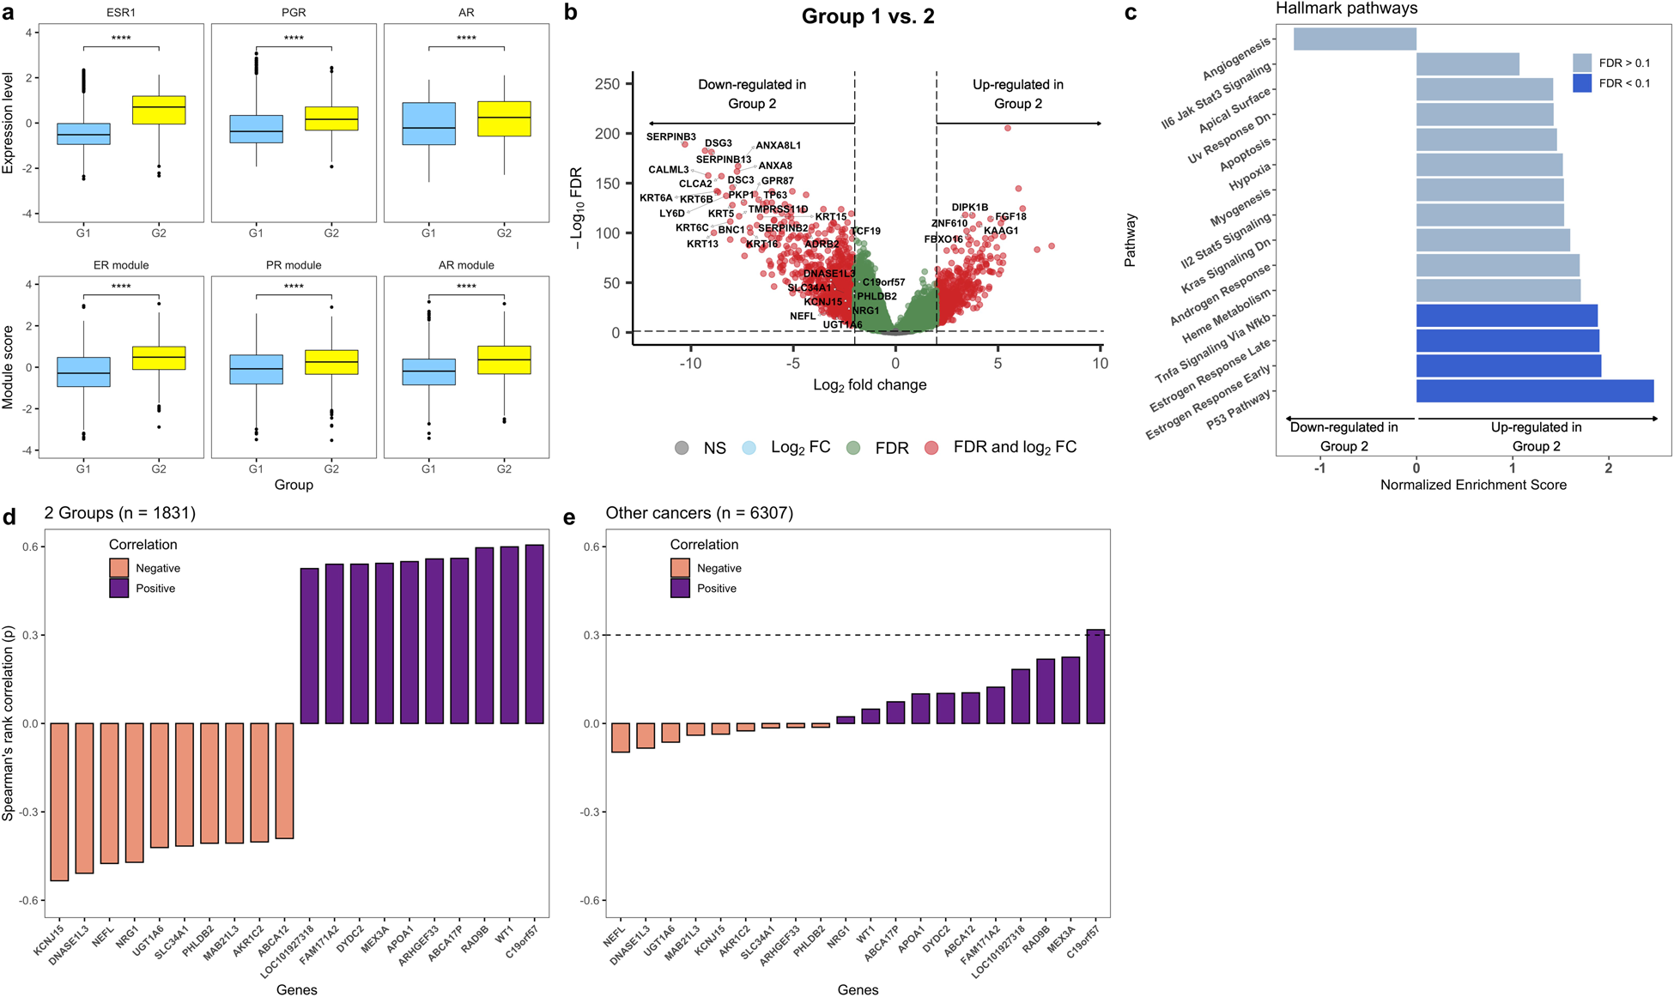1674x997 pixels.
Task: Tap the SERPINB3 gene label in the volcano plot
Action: click(x=671, y=137)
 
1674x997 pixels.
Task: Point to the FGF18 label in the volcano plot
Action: click(x=1010, y=217)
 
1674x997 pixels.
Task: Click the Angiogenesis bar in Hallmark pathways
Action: click(x=1355, y=39)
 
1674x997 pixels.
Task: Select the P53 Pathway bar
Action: click(x=1534, y=391)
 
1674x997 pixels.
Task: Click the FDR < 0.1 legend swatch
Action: click(x=1582, y=83)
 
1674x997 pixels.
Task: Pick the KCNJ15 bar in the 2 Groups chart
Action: click(x=59, y=801)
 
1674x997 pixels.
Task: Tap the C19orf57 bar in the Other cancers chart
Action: click(x=1095, y=676)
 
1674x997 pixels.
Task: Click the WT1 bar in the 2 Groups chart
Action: click(x=509, y=635)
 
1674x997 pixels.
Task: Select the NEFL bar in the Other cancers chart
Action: click(x=621, y=738)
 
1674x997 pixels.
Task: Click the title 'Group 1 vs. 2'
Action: click(x=868, y=16)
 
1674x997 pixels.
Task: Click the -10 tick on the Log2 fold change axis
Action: click(x=690, y=364)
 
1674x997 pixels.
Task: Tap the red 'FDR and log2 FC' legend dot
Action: click(x=931, y=448)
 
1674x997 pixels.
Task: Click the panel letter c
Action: click(x=1131, y=13)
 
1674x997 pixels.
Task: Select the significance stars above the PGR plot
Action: click(x=294, y=39)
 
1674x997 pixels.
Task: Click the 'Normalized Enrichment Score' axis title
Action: click(x=1473, y=485)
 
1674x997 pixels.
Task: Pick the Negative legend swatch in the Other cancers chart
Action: click(x=680, y=568)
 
